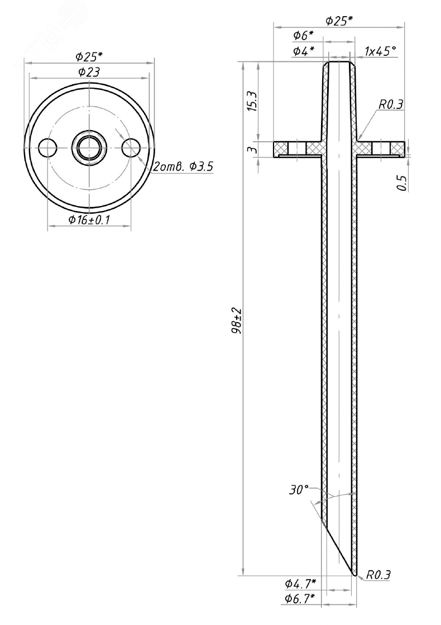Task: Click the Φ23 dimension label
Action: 89,71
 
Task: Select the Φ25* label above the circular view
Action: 89,56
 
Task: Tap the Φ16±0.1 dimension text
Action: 89,220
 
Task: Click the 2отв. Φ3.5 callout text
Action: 183,167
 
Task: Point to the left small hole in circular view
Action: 48,148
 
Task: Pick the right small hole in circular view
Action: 131,148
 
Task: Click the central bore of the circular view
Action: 89,148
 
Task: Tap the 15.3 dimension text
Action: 252,102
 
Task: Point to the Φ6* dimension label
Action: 303,36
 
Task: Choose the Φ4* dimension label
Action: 303,51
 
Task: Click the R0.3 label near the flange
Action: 391,104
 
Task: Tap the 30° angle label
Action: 299,490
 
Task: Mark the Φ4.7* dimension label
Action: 300,584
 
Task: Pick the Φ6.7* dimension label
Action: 300,599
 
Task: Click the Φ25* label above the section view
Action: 339,21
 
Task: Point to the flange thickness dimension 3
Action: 252,150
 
